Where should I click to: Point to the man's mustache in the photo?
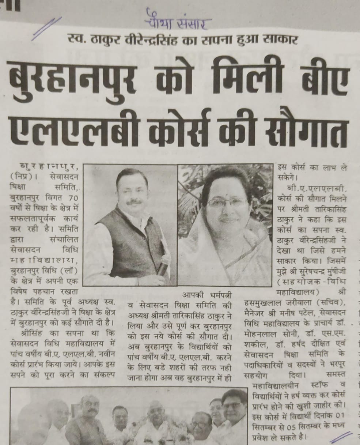click(134, 201)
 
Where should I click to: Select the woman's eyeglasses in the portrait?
click(227, 201)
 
